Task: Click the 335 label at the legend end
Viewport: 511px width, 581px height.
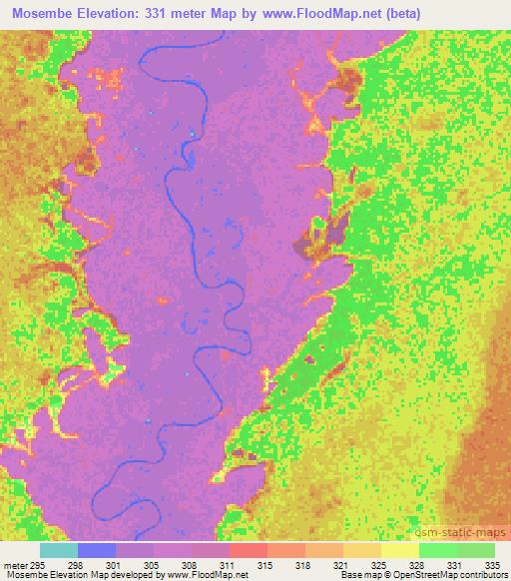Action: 488,564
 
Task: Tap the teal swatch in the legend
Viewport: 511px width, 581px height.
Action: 59,550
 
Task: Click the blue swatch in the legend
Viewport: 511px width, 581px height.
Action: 97,550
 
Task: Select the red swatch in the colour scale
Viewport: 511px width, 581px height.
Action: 248,550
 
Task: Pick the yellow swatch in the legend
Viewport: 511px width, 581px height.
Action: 399,550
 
